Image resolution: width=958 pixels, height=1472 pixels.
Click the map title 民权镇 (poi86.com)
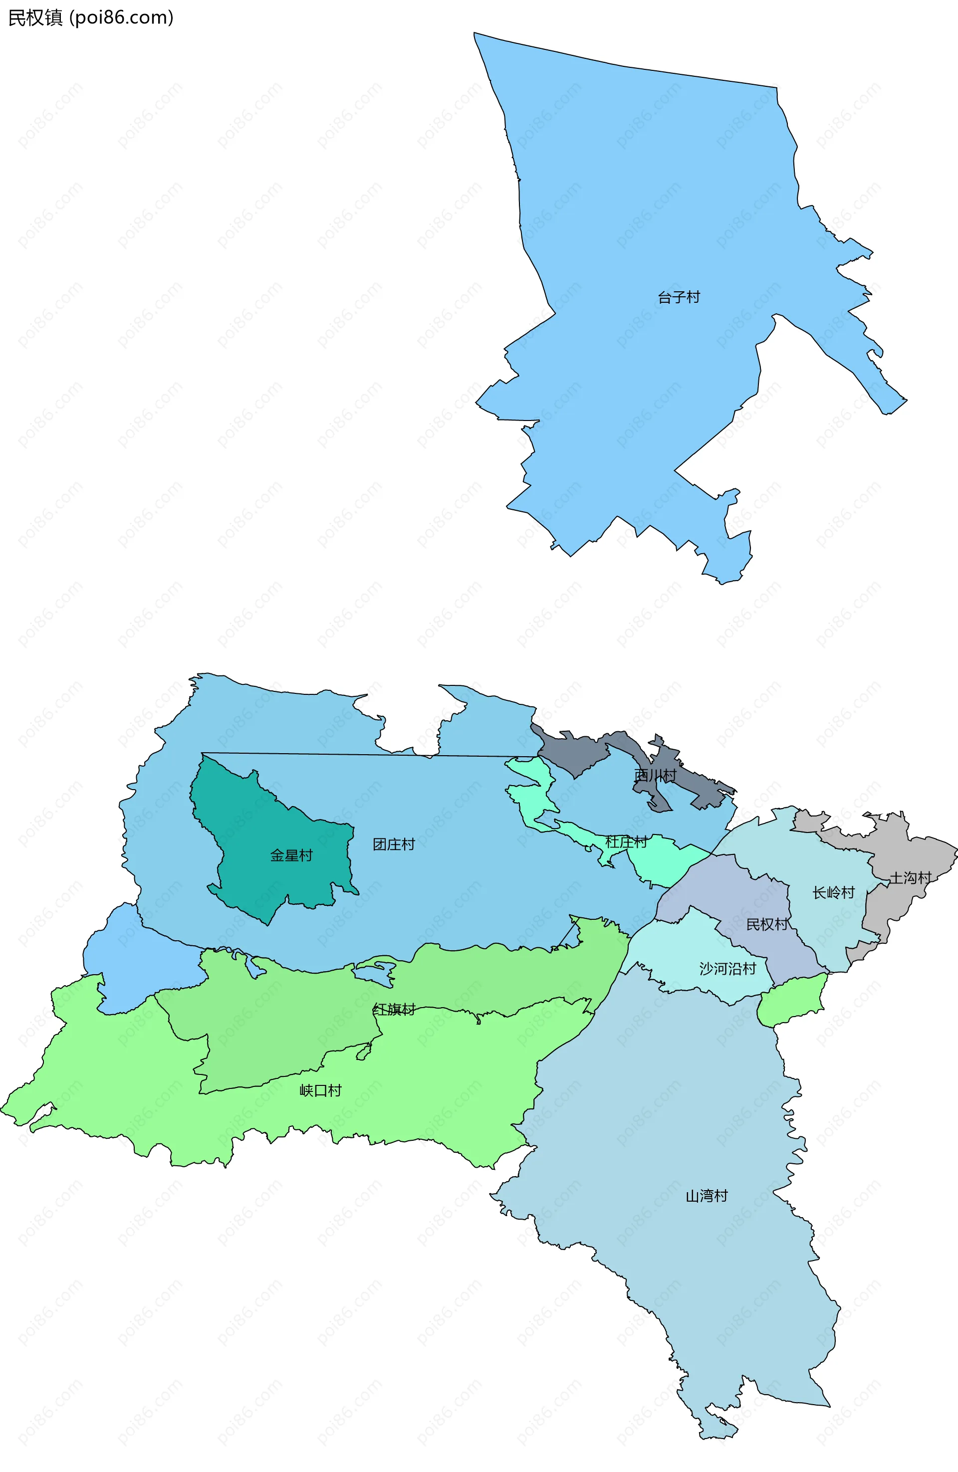90,17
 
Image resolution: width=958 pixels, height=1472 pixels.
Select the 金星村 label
291,855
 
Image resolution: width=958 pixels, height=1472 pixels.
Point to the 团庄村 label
394,844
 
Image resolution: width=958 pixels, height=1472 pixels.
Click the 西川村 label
655,775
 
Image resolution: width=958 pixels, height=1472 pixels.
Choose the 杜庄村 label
626,842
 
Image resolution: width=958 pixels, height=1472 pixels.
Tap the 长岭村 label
833,892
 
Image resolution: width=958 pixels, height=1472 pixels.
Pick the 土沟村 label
910,877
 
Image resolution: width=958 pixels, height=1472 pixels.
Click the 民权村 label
767,924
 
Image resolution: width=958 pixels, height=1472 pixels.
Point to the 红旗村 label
394,1010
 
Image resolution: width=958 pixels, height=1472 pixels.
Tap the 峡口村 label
320,1090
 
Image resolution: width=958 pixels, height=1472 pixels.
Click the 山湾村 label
706,1196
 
